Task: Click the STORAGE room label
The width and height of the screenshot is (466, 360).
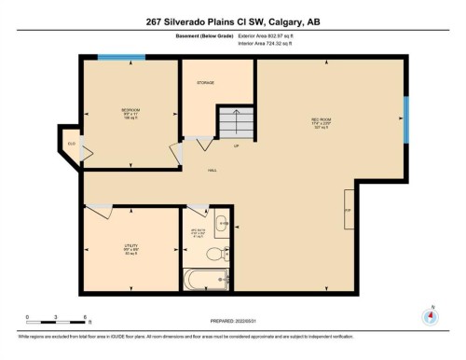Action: (x=205, y=84)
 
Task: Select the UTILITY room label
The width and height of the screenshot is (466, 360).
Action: (x=130, y=247)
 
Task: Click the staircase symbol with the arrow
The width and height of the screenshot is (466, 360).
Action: (x=236, y=121)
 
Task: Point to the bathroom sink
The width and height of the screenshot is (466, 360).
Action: (x=221, y=224)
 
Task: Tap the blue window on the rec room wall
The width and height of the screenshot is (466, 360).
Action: (x=405, y=120)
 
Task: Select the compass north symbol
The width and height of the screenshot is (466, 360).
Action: (x=430, y=315)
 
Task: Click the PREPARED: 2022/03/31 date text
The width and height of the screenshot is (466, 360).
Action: (x=232, y=321)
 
